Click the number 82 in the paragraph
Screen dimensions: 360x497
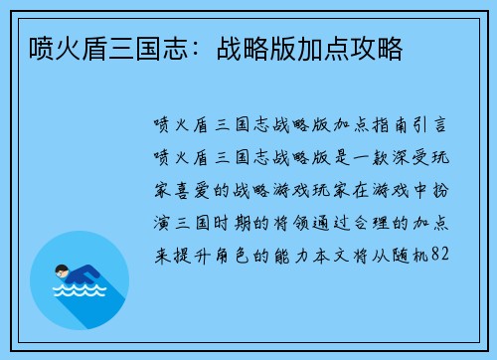tap(443, 255)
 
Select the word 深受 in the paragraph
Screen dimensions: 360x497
tap(394, 158)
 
